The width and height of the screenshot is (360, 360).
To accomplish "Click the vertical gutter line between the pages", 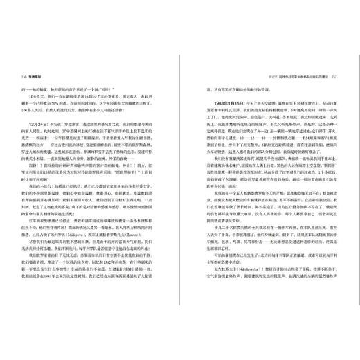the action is [x=180, y=180].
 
